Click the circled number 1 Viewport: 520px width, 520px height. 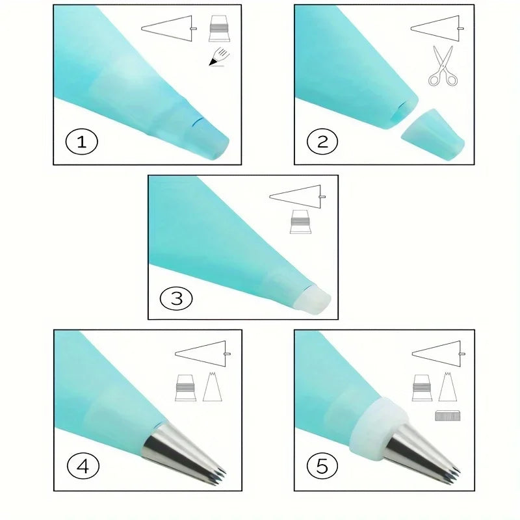[82, 142]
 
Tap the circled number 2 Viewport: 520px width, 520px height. [322, 142]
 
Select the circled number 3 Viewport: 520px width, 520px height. [176, 298]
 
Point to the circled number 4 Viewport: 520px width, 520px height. [83, 466]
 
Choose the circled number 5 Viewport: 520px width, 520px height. [322, 466]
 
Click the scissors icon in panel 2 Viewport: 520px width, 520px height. [443, 66]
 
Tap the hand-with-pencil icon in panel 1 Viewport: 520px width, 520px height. [219, 57]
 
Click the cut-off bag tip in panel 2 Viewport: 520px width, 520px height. [433, 134]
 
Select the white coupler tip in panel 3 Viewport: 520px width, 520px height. [313, 300]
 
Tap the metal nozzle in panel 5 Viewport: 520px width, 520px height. [422, 450]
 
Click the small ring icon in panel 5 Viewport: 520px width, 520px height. [447, 415]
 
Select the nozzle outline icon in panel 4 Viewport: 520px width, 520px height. [213, 387]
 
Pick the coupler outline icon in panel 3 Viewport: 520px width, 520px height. [300, 222]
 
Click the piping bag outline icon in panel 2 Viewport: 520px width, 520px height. [437, 29]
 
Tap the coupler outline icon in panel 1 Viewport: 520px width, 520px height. [219, 29]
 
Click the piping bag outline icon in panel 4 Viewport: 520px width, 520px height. [203, 354]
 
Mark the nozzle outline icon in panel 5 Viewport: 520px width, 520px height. [447, 387]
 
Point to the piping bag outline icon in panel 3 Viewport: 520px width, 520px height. [297, 197]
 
